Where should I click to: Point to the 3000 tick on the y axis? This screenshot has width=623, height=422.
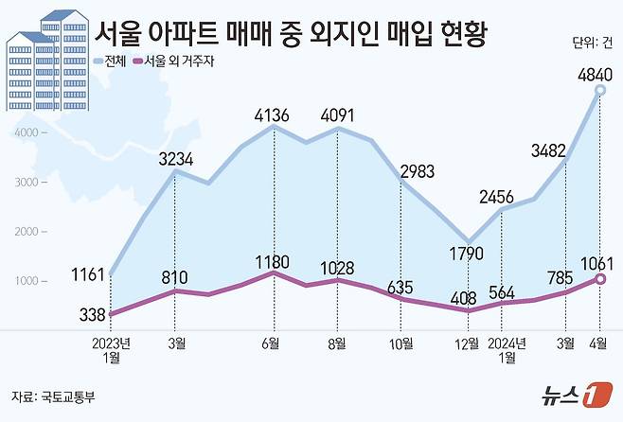[26, 183]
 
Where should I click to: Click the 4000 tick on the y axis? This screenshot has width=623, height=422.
[26, 133]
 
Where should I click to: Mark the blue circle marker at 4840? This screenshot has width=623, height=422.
[601, 92]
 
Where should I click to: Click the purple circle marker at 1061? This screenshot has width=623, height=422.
[601, 278]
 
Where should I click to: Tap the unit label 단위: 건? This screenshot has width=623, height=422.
[592, 42]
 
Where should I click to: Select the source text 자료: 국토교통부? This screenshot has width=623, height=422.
[52, 396]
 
